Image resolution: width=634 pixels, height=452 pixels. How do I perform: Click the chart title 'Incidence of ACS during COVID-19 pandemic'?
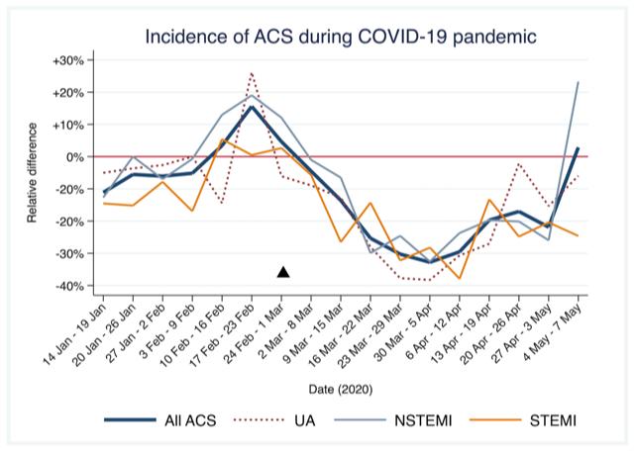[341, 38]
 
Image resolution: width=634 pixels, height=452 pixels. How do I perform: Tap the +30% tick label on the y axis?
[67, 60]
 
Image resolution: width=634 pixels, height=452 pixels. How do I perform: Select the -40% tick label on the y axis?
[67, 286]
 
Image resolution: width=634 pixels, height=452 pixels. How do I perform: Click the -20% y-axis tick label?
[67, 222]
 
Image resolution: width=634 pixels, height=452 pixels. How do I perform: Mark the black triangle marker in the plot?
[283, 272]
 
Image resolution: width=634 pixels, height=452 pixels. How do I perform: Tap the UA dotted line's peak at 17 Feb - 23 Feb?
[252, 72]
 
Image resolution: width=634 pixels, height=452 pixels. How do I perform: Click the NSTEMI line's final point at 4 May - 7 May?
[579, 82]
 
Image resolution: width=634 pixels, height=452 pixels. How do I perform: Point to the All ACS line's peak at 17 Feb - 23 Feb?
[252, 107]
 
